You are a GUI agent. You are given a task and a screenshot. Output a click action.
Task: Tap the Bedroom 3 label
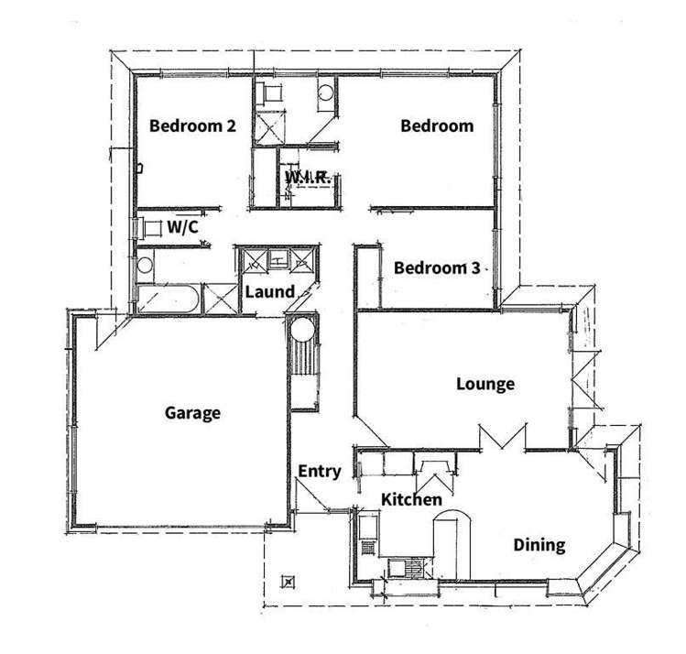[x=437, y=268]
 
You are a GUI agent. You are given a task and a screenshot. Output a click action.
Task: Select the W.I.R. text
[x=308, y=176]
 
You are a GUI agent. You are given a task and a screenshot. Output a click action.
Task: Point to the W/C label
[x=182, y=228]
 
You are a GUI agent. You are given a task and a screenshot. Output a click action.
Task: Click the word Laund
[x=268, y=292]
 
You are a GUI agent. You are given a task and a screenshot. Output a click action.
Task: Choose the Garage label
[x=192, y=413]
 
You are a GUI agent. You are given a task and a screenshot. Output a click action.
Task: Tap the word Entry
[x=320, y=473]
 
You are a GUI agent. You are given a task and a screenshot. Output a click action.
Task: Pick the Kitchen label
[x=411, y=500]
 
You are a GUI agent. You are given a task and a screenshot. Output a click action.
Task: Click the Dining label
[x=539, y=546]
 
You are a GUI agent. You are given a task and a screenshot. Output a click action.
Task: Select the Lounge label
[x=485, y=384]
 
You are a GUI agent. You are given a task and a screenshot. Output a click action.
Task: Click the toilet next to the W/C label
[x=150, y=227]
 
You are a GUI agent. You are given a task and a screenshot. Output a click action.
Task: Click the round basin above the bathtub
[x=144, y=266]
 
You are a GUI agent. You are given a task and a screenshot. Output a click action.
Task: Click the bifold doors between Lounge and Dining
[x=503, y=438]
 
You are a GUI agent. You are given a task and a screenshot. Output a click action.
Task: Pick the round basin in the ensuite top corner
[x=326, y=92]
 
